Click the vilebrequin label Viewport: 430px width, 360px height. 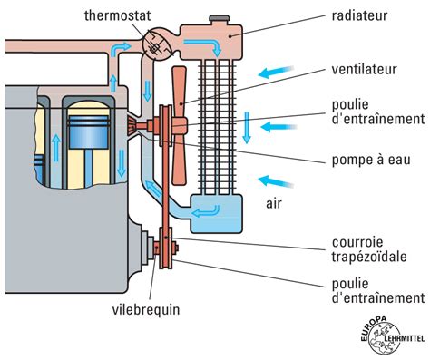(x=148, y=308)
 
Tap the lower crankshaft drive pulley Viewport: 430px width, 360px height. (x=167, y=248)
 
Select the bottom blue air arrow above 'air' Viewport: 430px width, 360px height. (x=277, y=179)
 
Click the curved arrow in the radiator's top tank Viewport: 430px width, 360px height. (x=215, y=44)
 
